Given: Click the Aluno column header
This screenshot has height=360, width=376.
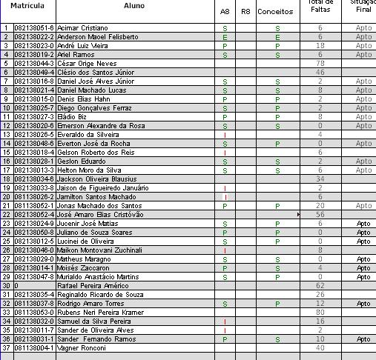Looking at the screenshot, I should point(134,5).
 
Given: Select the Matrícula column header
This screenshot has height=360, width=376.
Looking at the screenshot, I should point(27,5).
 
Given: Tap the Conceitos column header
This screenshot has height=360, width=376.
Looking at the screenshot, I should point(274,12).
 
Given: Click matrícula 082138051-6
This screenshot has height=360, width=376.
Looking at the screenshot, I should point(34,27).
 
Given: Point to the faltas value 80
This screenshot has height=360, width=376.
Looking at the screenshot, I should point(320,312).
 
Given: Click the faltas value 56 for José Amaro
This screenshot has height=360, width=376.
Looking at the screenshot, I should point(320,214).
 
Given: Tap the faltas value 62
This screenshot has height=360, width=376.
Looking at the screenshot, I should point(320,285).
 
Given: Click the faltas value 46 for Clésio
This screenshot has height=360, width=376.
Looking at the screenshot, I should point(320,72).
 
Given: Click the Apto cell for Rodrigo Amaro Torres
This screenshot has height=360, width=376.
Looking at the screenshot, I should point(363,303).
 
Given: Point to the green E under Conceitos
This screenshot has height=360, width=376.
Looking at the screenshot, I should point(277,36).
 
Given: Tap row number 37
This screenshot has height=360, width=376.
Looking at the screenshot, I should point(6,347).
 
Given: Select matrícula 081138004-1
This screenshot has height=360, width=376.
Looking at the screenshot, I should point(34,347).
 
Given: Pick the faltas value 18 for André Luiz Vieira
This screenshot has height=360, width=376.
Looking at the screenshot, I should point(320,45).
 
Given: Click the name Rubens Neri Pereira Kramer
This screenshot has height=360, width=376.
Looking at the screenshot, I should point(99,312).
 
